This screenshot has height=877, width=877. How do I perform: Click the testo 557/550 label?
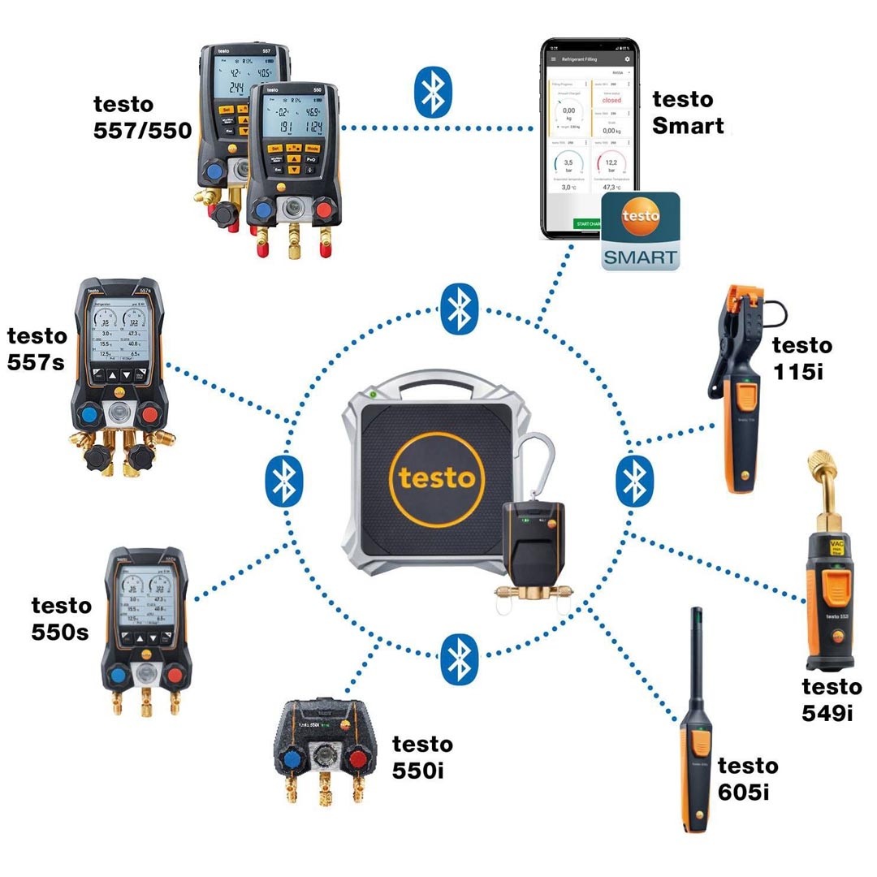click(143, 117)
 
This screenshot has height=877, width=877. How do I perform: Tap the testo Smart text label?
click(688, 112)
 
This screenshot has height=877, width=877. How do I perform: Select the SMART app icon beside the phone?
click(639, 231)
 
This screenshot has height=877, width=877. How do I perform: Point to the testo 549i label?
click(832, 698)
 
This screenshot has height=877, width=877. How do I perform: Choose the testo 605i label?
click(747, 778)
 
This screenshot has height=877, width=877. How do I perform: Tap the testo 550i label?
click(422, 755)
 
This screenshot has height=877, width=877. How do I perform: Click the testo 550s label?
click(61, 618)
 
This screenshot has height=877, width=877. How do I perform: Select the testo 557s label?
click(36, 348)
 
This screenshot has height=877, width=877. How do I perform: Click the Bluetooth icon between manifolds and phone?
click(433, 90)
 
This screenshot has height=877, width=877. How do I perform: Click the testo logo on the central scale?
click(435, 477)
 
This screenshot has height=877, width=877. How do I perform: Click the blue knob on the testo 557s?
click(90, 415)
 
